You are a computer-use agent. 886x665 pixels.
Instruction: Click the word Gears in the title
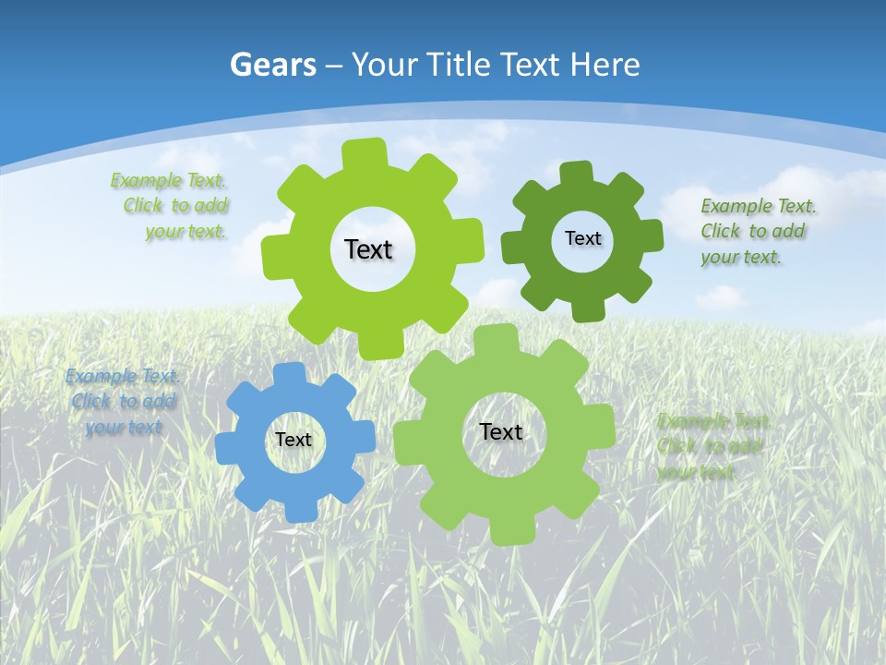click(x=273, y=65)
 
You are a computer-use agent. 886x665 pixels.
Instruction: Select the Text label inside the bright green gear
click(x=368, y=249)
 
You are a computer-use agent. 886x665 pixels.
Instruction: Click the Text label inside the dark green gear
click(x=582, y=238)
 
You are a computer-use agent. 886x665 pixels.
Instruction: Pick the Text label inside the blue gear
click(x=293, y=440)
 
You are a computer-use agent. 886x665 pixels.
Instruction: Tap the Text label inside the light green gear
click(x=501, y=431)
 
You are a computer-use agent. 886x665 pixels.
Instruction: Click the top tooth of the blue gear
click(x=289, y=373)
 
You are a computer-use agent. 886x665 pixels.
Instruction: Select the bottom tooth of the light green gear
click(x=505, y=533)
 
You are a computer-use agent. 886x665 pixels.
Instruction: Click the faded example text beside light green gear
click(x=711, y=446)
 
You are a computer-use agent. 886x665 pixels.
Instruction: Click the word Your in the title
click(x=381, y=65)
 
